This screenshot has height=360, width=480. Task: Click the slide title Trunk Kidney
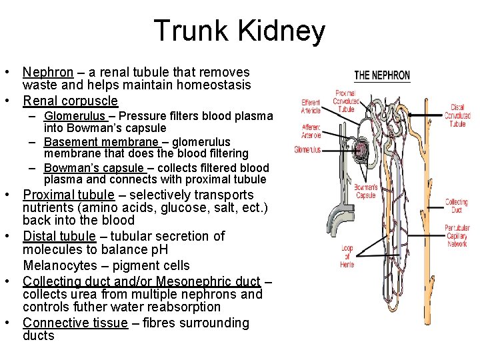[x=239, y=31]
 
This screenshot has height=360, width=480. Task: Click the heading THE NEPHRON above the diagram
[x=382, y=75]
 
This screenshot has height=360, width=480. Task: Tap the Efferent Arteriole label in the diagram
[x=311, y=106]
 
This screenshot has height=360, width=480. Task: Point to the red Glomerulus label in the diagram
[x=307, y=150]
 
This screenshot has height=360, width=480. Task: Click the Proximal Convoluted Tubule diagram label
[x=346, y=101]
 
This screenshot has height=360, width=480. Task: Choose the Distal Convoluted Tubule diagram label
[x=457, y=115]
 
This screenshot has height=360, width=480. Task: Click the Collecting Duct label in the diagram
[x=457, y=205]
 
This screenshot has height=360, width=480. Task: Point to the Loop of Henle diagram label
[x=347, y=256]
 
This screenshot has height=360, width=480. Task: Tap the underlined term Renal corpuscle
[x=70, y=101]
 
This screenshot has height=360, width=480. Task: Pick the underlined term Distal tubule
[x=59, y=236]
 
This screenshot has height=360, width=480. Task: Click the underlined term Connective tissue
[x=75, y=323]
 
